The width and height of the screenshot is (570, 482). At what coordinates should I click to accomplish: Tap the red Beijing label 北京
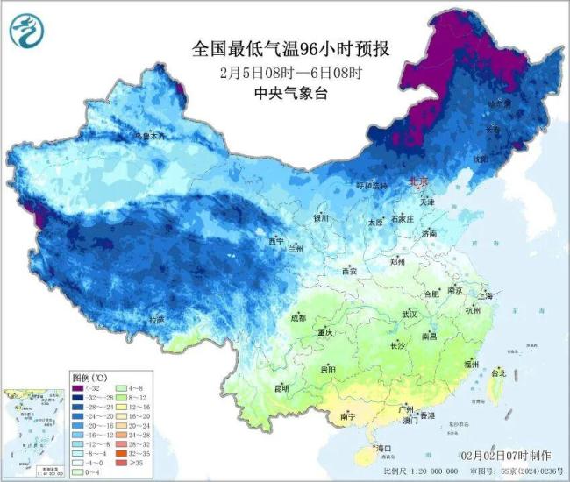417,182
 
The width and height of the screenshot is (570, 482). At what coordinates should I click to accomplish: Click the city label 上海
485,296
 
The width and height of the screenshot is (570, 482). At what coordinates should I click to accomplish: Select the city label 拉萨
156,320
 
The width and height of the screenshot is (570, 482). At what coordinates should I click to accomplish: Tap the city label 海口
383,449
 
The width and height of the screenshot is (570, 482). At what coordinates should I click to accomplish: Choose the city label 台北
497,372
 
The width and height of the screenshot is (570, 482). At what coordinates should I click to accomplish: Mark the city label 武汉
410,313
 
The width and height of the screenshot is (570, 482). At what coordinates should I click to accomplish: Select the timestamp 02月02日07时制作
506,456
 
